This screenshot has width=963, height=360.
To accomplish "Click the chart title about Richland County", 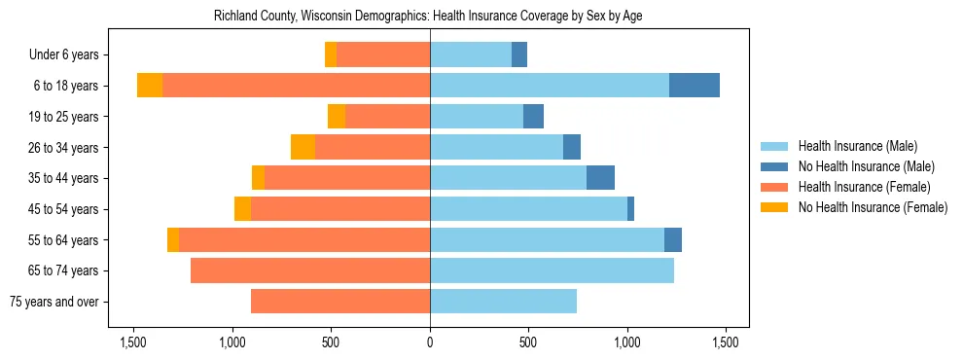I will coord(428,16).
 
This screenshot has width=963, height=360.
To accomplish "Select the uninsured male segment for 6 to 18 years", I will coord(695,86).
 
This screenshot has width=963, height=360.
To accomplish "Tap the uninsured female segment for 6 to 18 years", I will coord(150,86).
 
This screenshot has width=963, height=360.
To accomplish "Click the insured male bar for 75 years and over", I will coord(503,302).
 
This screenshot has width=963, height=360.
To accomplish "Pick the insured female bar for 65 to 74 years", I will coord(310,270).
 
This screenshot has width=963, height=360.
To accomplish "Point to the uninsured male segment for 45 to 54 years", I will coord(630,209).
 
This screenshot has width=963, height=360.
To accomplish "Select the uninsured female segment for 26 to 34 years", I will coord(303,147).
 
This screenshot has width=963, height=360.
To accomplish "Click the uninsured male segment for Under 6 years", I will coord(519,54).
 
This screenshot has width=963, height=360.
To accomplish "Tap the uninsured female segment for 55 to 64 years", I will coord(173,239).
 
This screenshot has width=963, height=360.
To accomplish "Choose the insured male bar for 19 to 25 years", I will coord(477,117).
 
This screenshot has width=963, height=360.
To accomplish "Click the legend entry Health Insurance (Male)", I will coord(857,146).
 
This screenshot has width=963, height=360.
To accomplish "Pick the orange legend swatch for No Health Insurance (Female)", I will coord(774,207).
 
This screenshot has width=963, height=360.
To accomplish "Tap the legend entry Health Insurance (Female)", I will coord(864,187).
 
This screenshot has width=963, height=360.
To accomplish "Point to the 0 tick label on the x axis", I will coord(430,342).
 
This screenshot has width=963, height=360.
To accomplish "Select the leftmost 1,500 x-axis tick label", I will coord(133,342).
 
